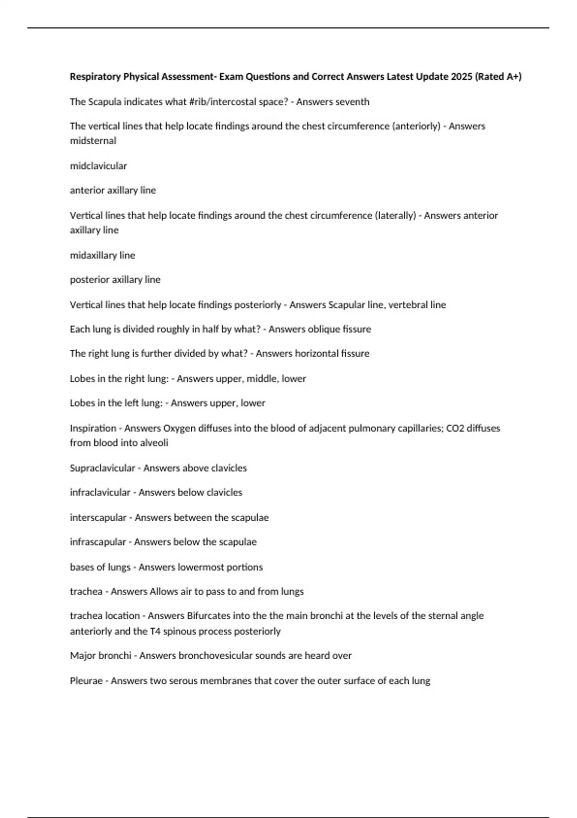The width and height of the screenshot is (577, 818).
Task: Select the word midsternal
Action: tap(93, 141)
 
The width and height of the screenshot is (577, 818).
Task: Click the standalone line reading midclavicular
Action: tap(98, 166)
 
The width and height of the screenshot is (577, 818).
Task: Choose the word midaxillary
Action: tap(93, 256)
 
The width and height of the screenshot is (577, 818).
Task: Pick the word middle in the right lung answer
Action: tap(263, 379)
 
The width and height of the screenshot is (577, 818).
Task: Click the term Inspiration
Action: tap(93, 428)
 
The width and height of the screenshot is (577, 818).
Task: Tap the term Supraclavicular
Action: tap(102, 468)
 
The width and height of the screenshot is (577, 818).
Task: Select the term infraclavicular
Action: tap(100, 493)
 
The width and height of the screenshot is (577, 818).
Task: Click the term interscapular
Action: tap(98, 518)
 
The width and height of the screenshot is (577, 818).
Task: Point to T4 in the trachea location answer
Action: tap(155, 631)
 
